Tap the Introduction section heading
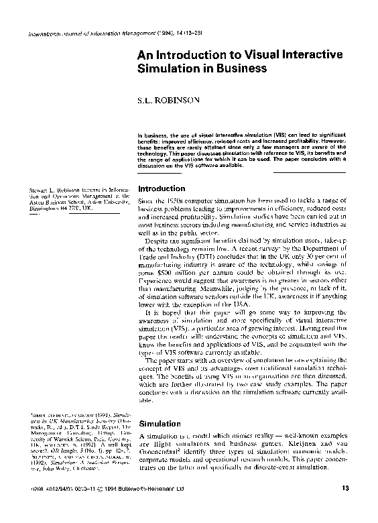(x=161, y=189)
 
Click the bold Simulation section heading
(x=159, y=424)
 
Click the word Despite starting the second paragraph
(x=159, y=238)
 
